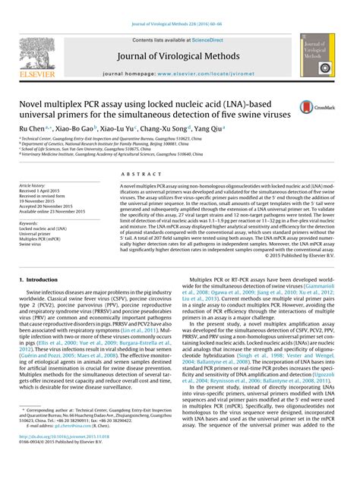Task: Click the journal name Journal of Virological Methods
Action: point(180,55)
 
